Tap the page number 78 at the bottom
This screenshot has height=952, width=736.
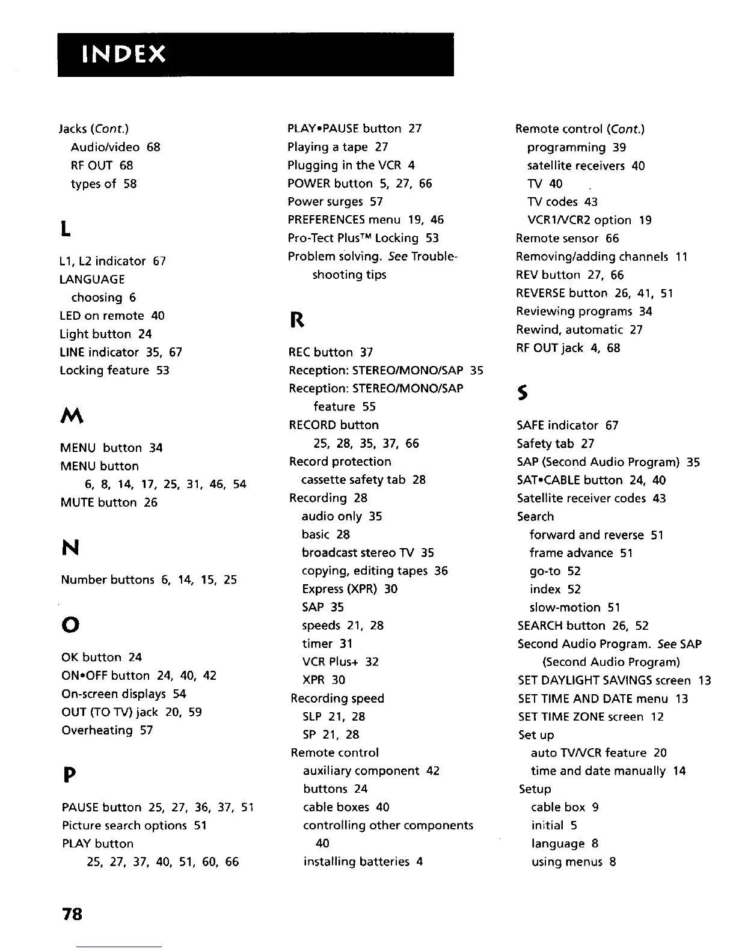click(x=72, y=914)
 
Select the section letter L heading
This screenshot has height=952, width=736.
click(x=66, y=228)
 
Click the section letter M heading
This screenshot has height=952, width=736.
click(x=72, y=414)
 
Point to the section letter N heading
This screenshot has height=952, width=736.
click(x=70, y=547)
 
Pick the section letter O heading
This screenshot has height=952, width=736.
click(x=70, y=625)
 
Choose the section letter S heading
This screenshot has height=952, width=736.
click(x=523, y=393)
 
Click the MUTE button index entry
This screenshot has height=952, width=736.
click(x=109, y=502)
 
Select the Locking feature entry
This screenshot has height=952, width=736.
click(x=114, y=370)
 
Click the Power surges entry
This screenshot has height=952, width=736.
click(x=335, y=201)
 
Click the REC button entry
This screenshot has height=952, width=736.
click(x=331, y=352)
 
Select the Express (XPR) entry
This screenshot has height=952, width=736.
click(x=349, y=589)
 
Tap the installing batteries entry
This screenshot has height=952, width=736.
click(x=363, y=862)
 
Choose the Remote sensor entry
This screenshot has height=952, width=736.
click(x=567, y=239)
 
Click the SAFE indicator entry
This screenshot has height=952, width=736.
click(x=567, y=426)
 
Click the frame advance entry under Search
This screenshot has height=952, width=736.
click(x=581, y=553)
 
